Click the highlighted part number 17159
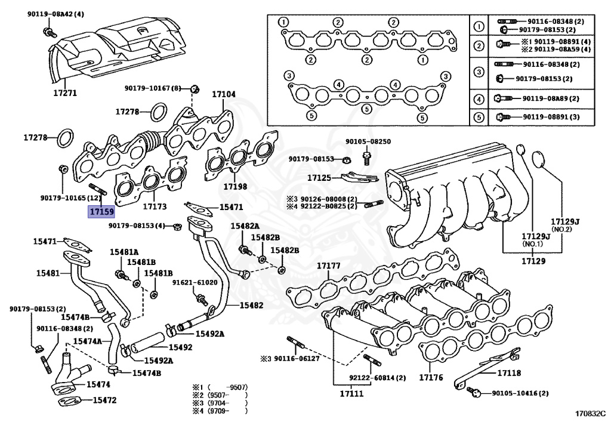[101, 211]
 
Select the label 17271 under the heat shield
[65, 93]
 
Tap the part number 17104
[224, 94]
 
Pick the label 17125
[319, 177]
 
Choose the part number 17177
[328, 266]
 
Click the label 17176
[430, 378]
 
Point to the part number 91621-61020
[195, 282]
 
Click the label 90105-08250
[368, 142]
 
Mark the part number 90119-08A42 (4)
[55, 14]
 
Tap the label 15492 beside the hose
[180, 347]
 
